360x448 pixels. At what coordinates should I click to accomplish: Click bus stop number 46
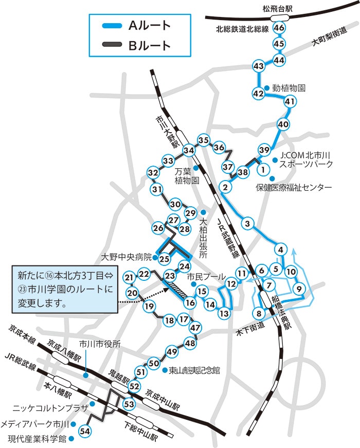[280, 27]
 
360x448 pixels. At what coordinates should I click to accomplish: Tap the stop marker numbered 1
[263, 168]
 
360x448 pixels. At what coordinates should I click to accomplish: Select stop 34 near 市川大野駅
[189, 150]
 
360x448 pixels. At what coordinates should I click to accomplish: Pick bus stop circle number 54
[85, 431]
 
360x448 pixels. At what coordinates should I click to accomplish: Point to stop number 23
[170, 276]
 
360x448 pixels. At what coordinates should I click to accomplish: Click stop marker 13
[224, 313]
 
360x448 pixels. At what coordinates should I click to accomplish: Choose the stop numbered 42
[258, 94]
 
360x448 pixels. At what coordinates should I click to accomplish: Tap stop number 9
[299, 289]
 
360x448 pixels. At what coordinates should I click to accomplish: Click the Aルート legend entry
[139, 25]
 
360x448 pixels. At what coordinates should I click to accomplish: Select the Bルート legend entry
[139, 45]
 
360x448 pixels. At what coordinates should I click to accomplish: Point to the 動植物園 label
[289, 88]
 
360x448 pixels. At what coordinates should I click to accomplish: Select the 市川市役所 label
[100, 345]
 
